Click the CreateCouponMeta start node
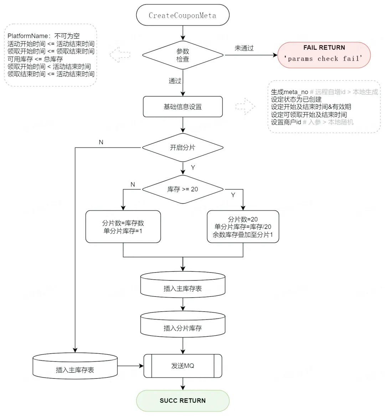tap(183, 15)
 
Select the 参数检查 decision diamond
tap(183, 55)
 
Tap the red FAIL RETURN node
tap(324, 55)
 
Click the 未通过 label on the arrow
tap(244, 48)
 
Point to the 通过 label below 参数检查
tap(175, 81)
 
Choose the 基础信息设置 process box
tap(183, 107)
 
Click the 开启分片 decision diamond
tap(183, 147)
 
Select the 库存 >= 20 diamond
tap(183, 189)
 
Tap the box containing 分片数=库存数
tap(123, 227)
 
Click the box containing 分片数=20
tap(243, 227)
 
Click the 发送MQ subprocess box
tap(183, 366)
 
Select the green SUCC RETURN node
tap(183, 401)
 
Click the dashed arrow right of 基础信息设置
tap(245, 107)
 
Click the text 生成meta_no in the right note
tap(289, 92)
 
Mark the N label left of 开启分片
tap(101, 142)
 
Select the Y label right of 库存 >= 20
tap(233, 195)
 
